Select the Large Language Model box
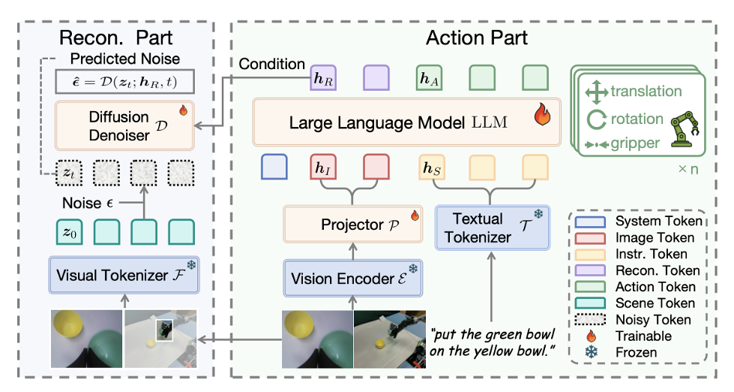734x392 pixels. pos(407,122)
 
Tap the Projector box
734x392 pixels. pos(352,225)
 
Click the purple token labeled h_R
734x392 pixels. pos(323,77)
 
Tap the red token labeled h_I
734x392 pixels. pos(325,167)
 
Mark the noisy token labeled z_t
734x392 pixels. pos(70,174)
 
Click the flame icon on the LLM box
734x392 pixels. pos(542,114)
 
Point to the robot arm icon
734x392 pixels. pos(685,129)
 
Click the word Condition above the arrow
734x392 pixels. pos(272,65)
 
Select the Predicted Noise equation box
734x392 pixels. pos(124,81)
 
